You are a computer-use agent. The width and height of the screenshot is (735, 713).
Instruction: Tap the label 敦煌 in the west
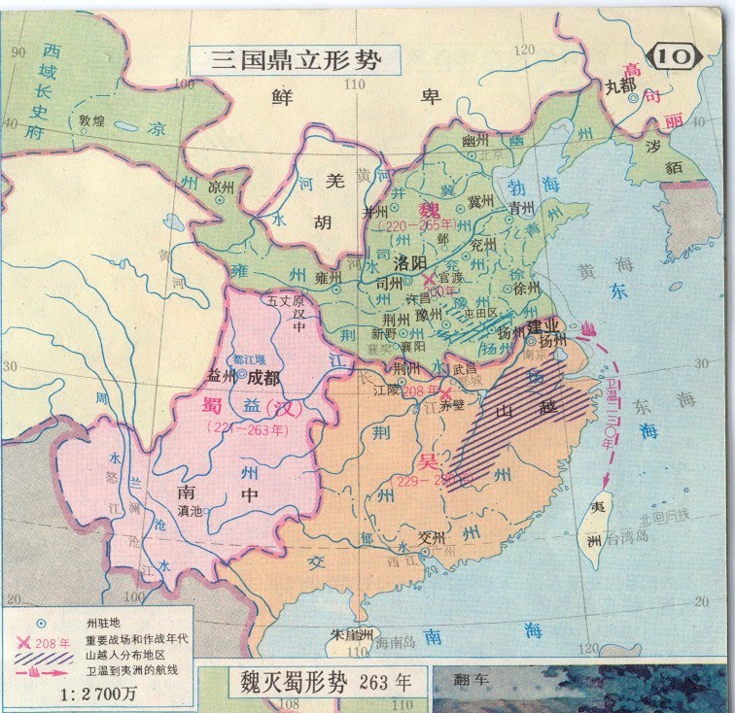coord(92,121)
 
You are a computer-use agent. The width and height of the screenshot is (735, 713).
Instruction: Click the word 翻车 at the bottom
coord(472,681)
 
